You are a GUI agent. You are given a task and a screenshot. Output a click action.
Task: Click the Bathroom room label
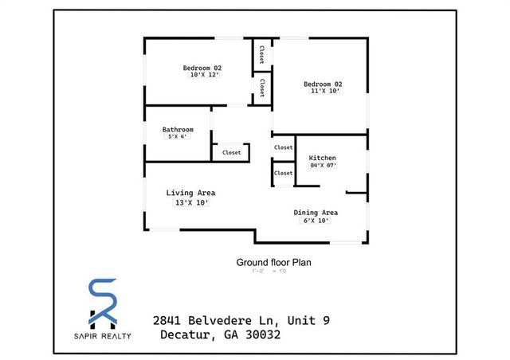[x=178, y=129]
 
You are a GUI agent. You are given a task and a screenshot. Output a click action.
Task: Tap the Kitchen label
[x=323, y=158]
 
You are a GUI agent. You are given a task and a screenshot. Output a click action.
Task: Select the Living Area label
[x=190, y=193]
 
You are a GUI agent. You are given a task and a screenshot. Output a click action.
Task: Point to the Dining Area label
[x=316, y=213]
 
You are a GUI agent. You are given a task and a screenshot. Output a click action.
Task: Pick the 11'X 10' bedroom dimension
[x=325, y=91]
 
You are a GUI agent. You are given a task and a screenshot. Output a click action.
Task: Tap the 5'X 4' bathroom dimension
[x=176, y=137]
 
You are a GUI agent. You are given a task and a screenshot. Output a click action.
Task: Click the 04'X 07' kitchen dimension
[x=323, y=166]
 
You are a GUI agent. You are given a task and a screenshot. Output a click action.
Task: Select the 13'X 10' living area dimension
[x=190, y=203]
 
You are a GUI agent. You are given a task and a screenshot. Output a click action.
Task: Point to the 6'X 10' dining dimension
[x=316, y=221]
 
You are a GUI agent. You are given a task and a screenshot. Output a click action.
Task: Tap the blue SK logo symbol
[x=102, y=303]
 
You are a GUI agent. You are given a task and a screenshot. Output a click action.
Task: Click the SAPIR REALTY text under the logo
[x=102, y=335]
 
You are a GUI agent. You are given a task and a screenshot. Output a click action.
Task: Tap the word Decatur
[x=186, y=335]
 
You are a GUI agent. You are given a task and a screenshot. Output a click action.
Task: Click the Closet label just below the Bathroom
[x=231, y=152]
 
